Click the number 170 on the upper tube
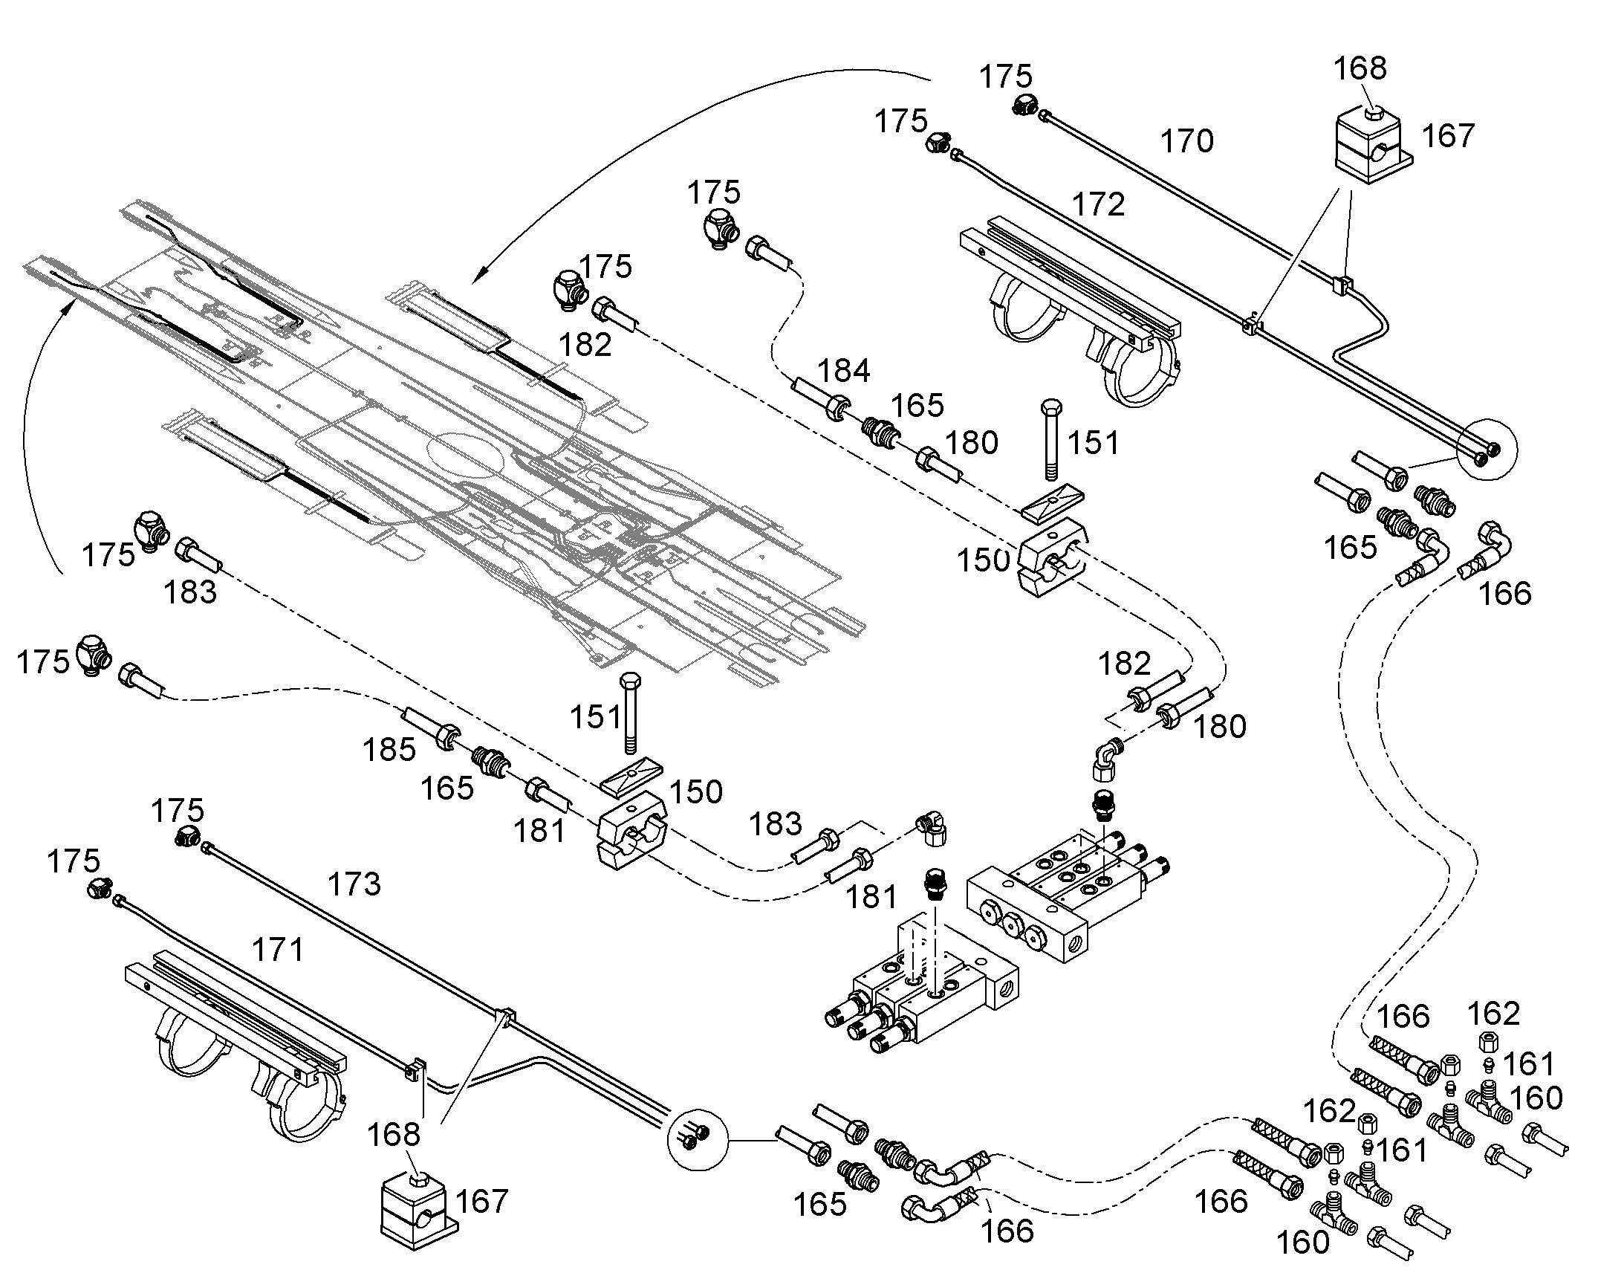click(x=1187, y=141)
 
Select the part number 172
click(x=1098, y=204)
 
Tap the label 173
click(x=354, y=884)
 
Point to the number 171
click(x=278, y=950)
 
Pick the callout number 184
click(x=844, y=370)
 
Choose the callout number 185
click(x=389, y=750)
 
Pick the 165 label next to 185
click(x=447, y=788)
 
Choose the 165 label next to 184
click(x=917, y=406)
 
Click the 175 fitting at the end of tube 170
click(x=1025, y=105)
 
